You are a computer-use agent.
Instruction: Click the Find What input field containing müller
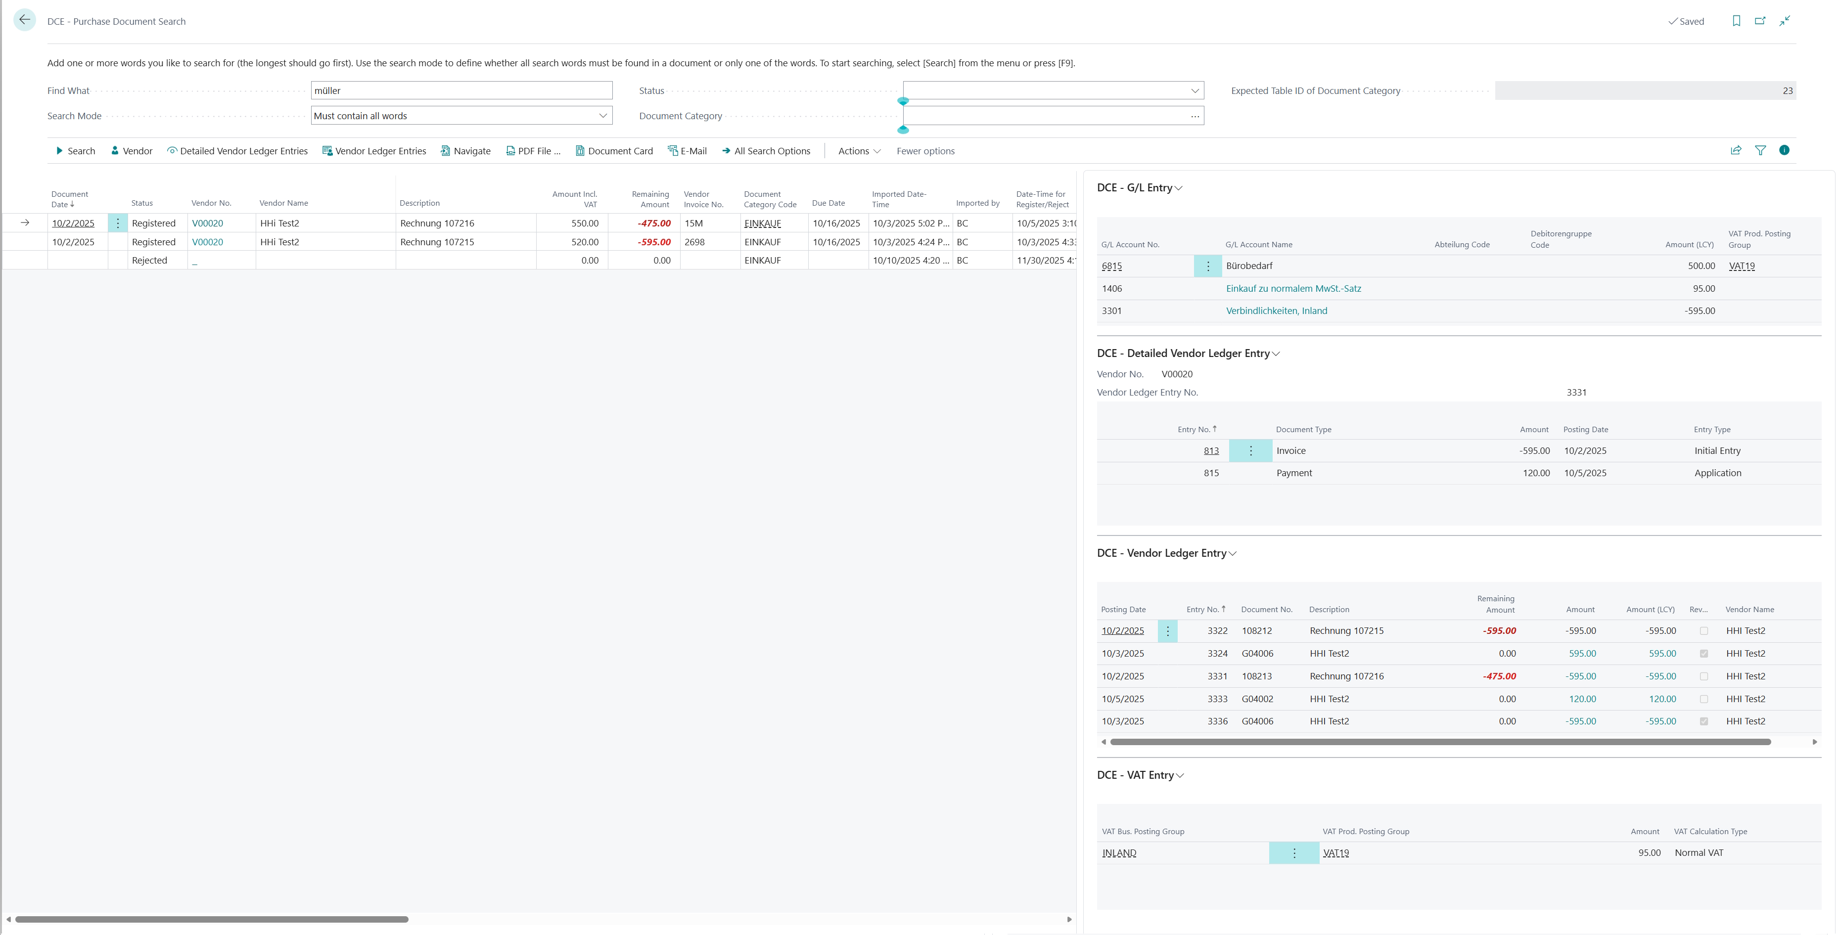click(x=461, y=90)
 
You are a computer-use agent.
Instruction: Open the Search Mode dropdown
click(x=461, y=116)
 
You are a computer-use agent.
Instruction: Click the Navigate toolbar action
click(x=465, y=151)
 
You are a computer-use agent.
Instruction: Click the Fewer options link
click(x=925, y=151)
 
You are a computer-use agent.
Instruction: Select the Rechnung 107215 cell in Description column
click(x=437, y=242)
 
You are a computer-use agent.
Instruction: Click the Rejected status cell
click(x=149, y=261)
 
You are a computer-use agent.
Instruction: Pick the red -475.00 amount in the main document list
click(x=654, y=223)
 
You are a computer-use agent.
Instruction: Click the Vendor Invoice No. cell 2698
click(x=694, y=242)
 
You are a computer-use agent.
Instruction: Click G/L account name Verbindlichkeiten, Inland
click(x=1277, y=311)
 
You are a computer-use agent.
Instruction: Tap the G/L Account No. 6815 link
click(x=1111, y=266)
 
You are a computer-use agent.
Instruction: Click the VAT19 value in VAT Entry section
click(x=1335, y=853)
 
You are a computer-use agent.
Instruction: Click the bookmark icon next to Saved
click(x=1736, y=21)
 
